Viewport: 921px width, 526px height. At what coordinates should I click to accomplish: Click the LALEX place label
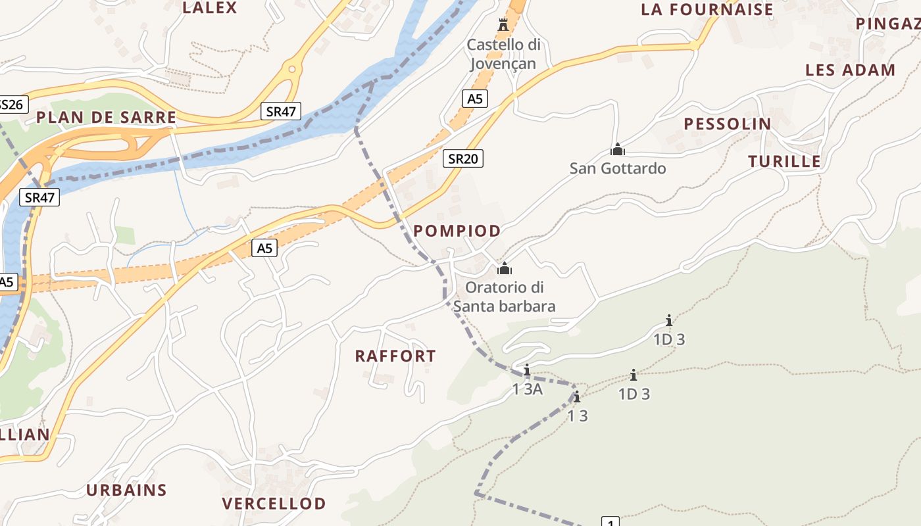[209, 8]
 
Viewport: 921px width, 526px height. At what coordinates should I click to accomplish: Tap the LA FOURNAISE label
[707, 9]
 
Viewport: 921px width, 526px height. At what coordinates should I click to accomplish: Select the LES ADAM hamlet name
[851, 70]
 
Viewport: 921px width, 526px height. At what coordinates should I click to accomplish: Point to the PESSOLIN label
[728, 124]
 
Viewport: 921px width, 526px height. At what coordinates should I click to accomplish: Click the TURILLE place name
[785, 161]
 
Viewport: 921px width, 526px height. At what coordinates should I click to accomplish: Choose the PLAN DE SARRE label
[106, 117]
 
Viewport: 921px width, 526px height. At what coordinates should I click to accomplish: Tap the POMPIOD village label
[457, 231]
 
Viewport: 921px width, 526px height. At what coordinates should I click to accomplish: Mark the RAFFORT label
[395, 356]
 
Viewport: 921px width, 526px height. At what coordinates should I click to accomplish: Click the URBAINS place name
[127, 490]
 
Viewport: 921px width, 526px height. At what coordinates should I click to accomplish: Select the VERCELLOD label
[274, 504]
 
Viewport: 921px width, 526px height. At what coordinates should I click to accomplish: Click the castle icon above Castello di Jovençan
[504, 25]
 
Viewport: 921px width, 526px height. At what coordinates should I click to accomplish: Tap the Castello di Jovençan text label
[503, 54]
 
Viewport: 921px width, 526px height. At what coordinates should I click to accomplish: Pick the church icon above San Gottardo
[618, 149]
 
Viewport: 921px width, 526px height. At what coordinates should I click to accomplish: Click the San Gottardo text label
[618, 168]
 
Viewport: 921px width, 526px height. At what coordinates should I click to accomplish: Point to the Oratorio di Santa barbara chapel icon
[505, 268]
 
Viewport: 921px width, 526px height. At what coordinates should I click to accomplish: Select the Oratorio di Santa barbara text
[504, 297]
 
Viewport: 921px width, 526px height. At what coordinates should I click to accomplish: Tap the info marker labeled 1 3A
[526, 370]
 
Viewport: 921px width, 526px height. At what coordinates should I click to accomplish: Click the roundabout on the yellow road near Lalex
[291, 68]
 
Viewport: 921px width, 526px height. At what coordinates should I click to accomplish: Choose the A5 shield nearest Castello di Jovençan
[475, 99]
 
